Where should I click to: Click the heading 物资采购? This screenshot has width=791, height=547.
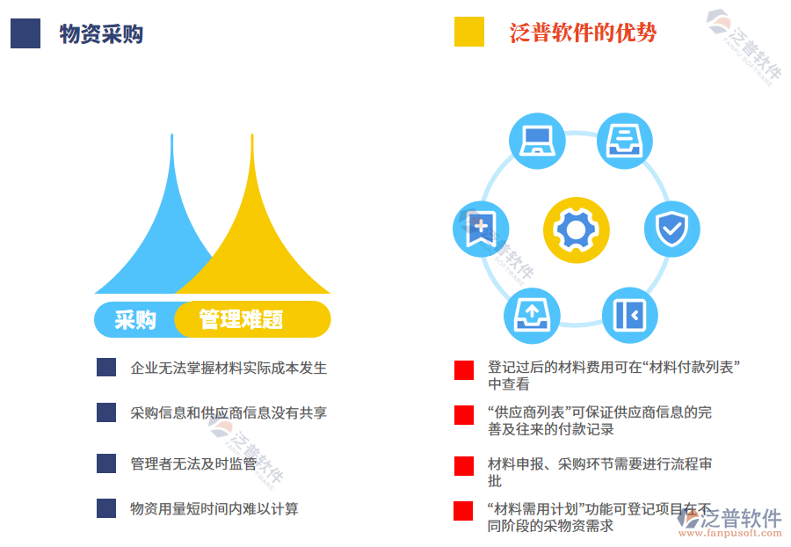click(101, 34)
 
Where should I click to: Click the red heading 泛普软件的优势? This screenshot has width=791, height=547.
click(583, 33)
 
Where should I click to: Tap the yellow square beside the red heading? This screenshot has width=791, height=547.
click(469, 32)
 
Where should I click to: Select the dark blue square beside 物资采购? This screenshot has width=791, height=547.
click(25, 33)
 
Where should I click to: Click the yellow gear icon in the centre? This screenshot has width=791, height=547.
click(576, 230)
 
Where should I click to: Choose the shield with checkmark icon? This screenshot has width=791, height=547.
click(672, 229)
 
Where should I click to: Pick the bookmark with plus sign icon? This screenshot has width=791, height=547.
click(480, 228)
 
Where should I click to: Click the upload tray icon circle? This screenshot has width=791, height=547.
click(531, 314)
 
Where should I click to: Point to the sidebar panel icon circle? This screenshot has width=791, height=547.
click(629, 315)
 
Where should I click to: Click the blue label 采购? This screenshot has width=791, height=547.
click(135, 319)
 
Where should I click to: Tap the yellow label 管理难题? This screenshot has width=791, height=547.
click(241, 319)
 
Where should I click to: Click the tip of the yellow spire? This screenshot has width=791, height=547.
click(252, 136)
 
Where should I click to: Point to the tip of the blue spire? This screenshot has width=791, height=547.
click(171, 136)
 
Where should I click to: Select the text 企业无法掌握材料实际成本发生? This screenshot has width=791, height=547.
click(229, 368)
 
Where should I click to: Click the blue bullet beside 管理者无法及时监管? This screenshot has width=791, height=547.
click(106, 463)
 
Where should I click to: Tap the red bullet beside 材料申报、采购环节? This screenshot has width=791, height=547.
click(464, 465)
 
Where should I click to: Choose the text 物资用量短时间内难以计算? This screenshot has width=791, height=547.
click(214, 508)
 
